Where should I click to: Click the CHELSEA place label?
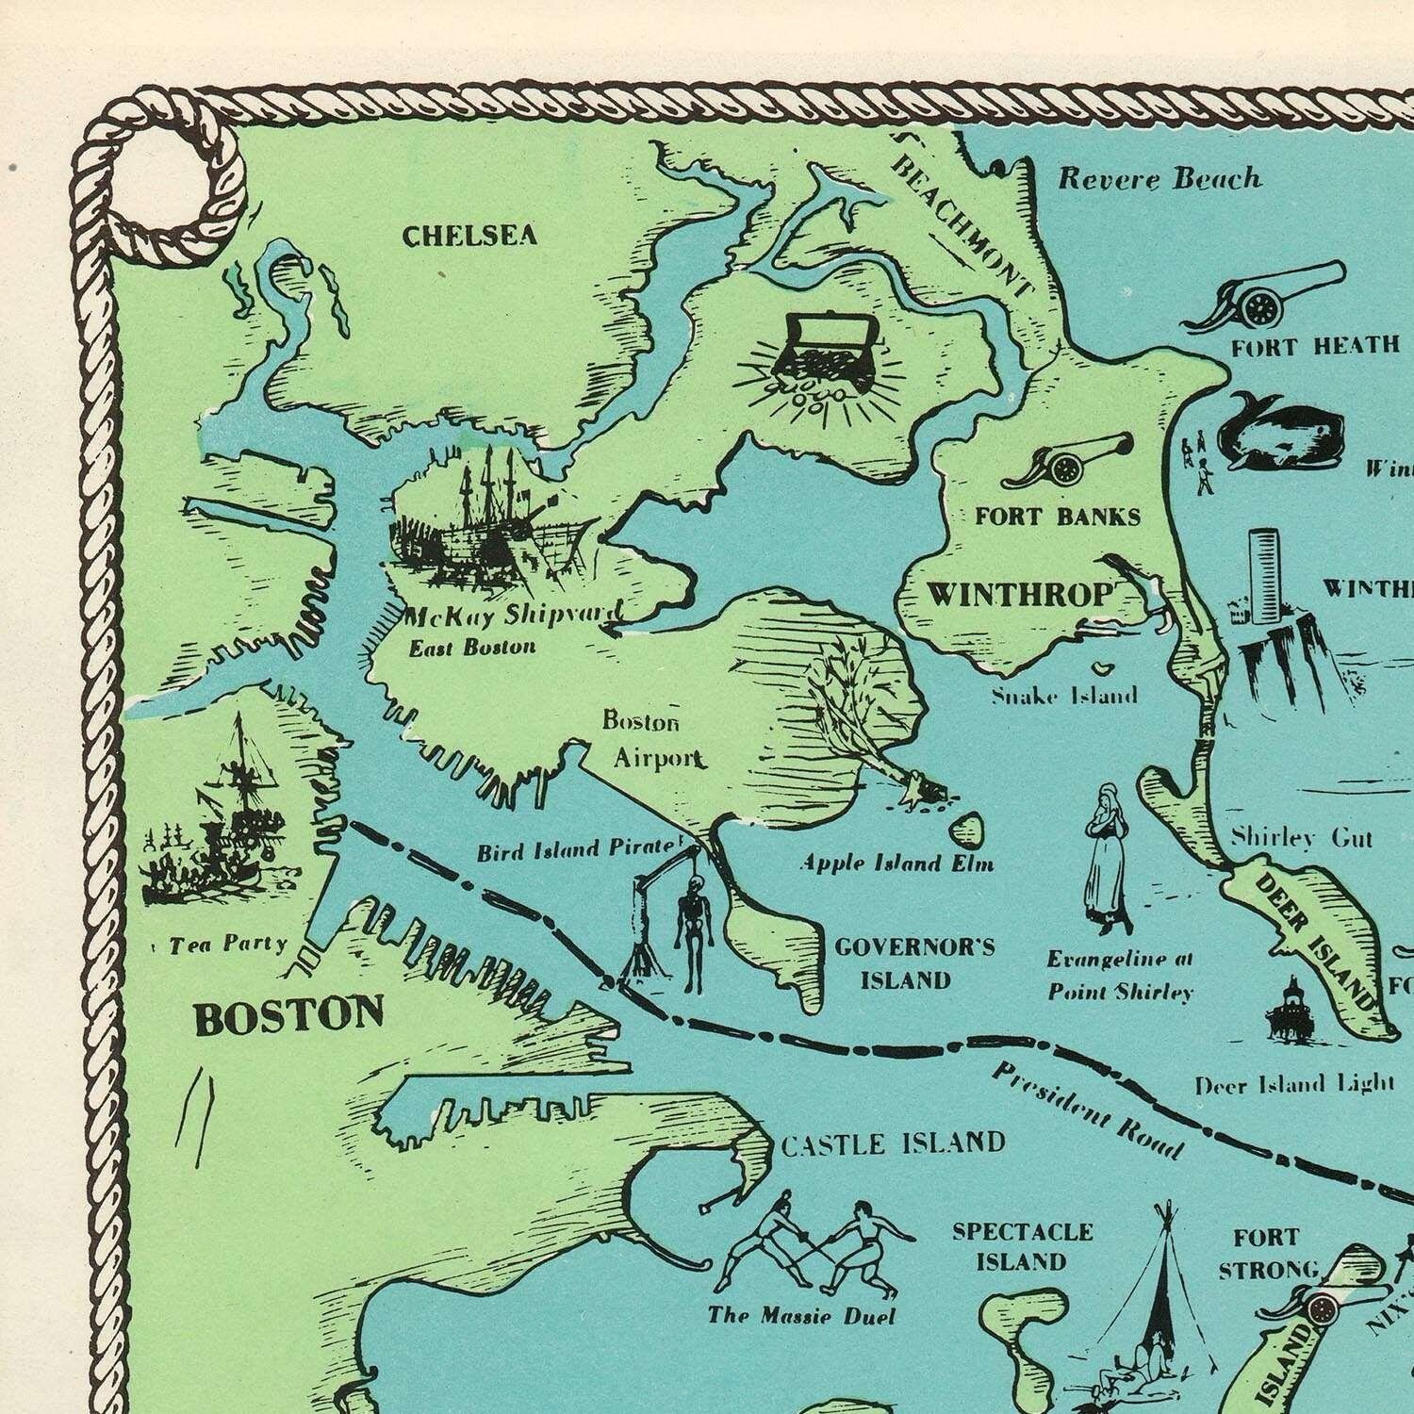[x=469, y=236]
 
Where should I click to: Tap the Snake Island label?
[x=1064, y=696]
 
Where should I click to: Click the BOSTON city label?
[x=288, y=1016]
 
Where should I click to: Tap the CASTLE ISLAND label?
[x=893, y=1143]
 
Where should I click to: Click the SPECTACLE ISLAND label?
[x=1022, y=1246]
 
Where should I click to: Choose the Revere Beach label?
[x=1159, y=178]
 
